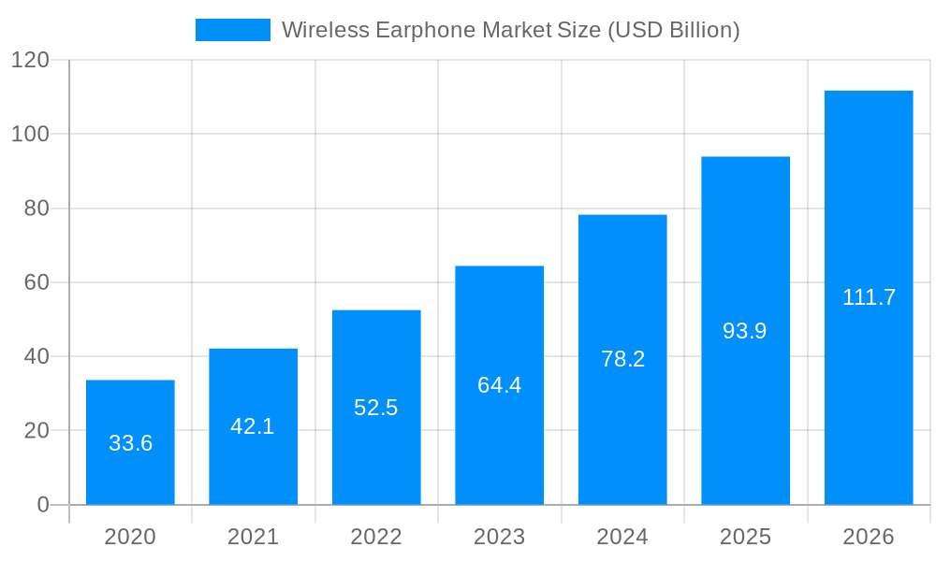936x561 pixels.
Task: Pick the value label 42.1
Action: click(253, 426)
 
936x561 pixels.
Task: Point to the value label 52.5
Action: click(376, 408)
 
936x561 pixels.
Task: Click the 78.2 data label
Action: click(622, 359)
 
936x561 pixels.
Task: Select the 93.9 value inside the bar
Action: click(745, 331)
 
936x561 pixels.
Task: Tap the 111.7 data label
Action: click(869, 297)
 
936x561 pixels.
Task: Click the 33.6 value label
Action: click(130, 443)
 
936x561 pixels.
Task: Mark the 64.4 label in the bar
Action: click(499, 385)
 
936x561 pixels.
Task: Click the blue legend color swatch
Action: click(232, 30)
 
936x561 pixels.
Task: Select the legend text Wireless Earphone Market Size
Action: click(510, 30)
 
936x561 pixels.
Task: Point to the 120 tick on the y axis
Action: click(30, 60)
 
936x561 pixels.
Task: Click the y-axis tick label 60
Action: click(36, 282)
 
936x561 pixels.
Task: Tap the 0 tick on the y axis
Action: click(42, 505)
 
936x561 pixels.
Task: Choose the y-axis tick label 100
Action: click(30, 134)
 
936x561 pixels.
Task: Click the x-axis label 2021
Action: click(253, 537)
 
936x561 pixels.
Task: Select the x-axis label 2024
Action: click(622, 537)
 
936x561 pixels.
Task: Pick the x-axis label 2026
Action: click(869, 537)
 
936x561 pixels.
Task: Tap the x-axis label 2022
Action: click(376, 537)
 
